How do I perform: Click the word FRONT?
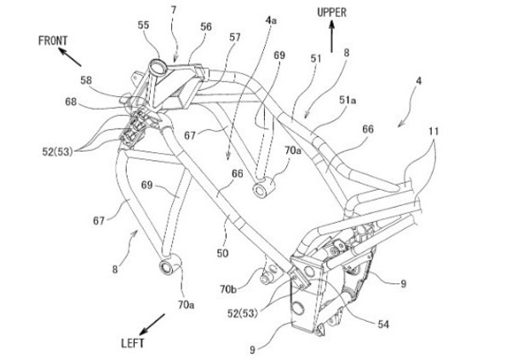pyautogui.click(x=53, y=41)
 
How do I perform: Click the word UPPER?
pyautogui.click(x=332, y=13)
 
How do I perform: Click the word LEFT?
pyautogui.click(x=133, y=343)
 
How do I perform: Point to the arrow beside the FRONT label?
pyautogui.click(x=70, y=57)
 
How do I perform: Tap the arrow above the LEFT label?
pyautogui.click(x=152, y=324)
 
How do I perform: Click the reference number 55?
pyautogui.click(x=143, y=25)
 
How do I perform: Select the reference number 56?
pyautogui.click(x=206, y=26)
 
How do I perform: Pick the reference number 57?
pyautogui.click(x=235, y=37)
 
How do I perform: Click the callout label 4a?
pyautogui.click(x=271, y=20)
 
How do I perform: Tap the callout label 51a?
pyautogui.click(x=347, y=100)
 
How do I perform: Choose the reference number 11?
pyautogui.click(x=433, y=132)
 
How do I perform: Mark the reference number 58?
pyautogui.click(x=86, y=80)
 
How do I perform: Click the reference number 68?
pyautogui.click(x=71, y=102)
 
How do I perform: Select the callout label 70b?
pyautogui.click(x=228, y=289)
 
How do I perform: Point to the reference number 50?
pyautogui.click(x=222, y=253)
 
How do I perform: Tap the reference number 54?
pyautogui.click(x=383, y=324)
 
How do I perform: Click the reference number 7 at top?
pyautogui.click(x=174, y=10)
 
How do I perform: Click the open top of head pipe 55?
pyautogui.click(x=156, y=64)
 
